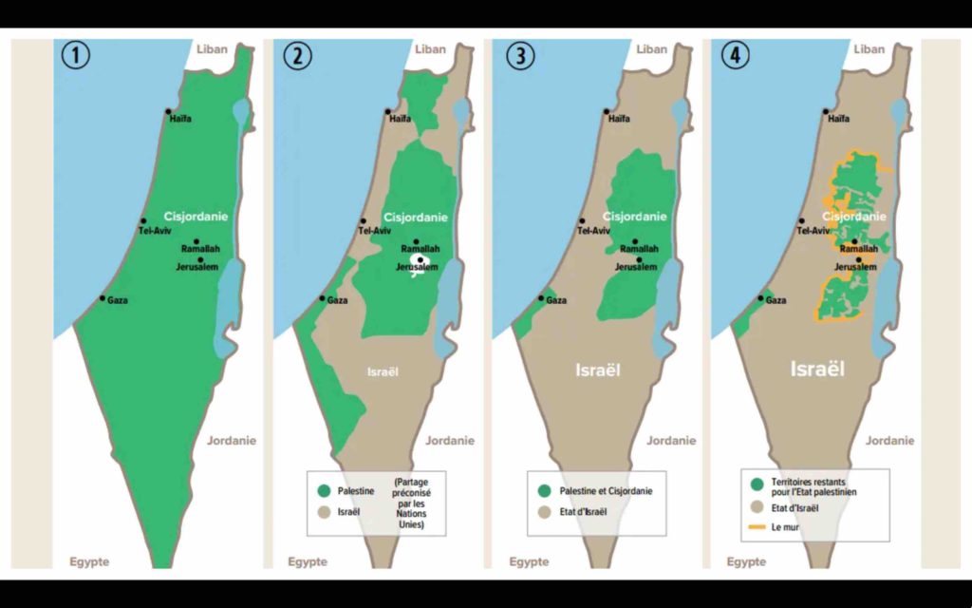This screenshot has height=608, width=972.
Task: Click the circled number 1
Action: click(77, 55)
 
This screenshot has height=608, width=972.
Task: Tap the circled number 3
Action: click(516, 55)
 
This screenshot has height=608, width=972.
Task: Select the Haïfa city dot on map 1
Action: click(168, 111)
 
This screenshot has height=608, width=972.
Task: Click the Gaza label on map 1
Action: click(118, 301)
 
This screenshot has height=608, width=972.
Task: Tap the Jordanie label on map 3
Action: click(669, 440)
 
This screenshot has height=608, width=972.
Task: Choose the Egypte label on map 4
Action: click(747, 561)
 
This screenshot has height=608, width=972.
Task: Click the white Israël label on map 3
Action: click(598, 370)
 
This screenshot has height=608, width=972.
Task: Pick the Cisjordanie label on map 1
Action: click(196, 217)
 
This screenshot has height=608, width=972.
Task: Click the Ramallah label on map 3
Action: click(639, 249)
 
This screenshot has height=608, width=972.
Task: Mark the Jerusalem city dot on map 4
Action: click(860, 258)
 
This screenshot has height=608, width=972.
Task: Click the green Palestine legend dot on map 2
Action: click(324, 491)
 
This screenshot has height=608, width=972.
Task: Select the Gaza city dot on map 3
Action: click(541, 298)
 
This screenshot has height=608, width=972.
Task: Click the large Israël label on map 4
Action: click(817, 369)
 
